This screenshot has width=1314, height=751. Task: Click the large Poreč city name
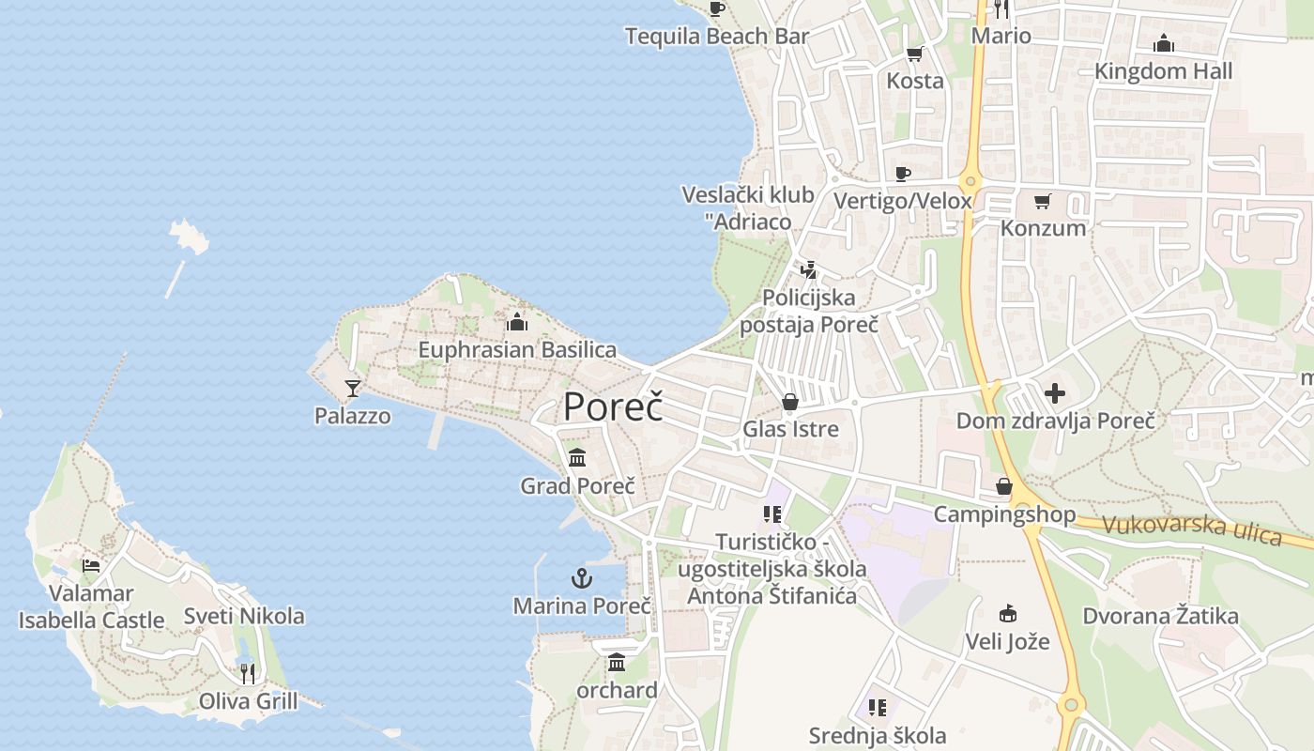(613, 407)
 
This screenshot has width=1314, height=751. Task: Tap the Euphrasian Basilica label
(517, 350)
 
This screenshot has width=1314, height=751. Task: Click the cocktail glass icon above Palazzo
(353, 388)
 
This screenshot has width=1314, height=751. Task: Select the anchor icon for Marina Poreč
(582, 578)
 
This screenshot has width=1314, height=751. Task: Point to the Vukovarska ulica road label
(1192, 529)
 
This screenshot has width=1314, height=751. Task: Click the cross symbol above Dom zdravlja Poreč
(1055, 393)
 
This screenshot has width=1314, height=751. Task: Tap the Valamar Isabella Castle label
(91, 606)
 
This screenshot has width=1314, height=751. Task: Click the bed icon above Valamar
(91, 565)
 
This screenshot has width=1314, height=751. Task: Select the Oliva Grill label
(248, 701)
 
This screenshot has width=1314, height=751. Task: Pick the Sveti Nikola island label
(244, 616)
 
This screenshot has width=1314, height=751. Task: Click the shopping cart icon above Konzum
(1043, 201)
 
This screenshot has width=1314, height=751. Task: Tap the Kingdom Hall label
(1164, 71)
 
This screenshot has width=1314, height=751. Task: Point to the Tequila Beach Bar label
(717, 37)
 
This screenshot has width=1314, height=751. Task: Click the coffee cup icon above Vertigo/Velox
(903, 174)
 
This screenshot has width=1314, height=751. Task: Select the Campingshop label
(1004, 514)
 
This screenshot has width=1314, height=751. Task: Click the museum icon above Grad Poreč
(577, 458)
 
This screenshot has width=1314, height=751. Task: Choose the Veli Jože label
(1008, 643)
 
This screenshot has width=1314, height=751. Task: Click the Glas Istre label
(790, 429)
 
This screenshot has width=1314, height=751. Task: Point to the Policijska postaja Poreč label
(809, 312)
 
